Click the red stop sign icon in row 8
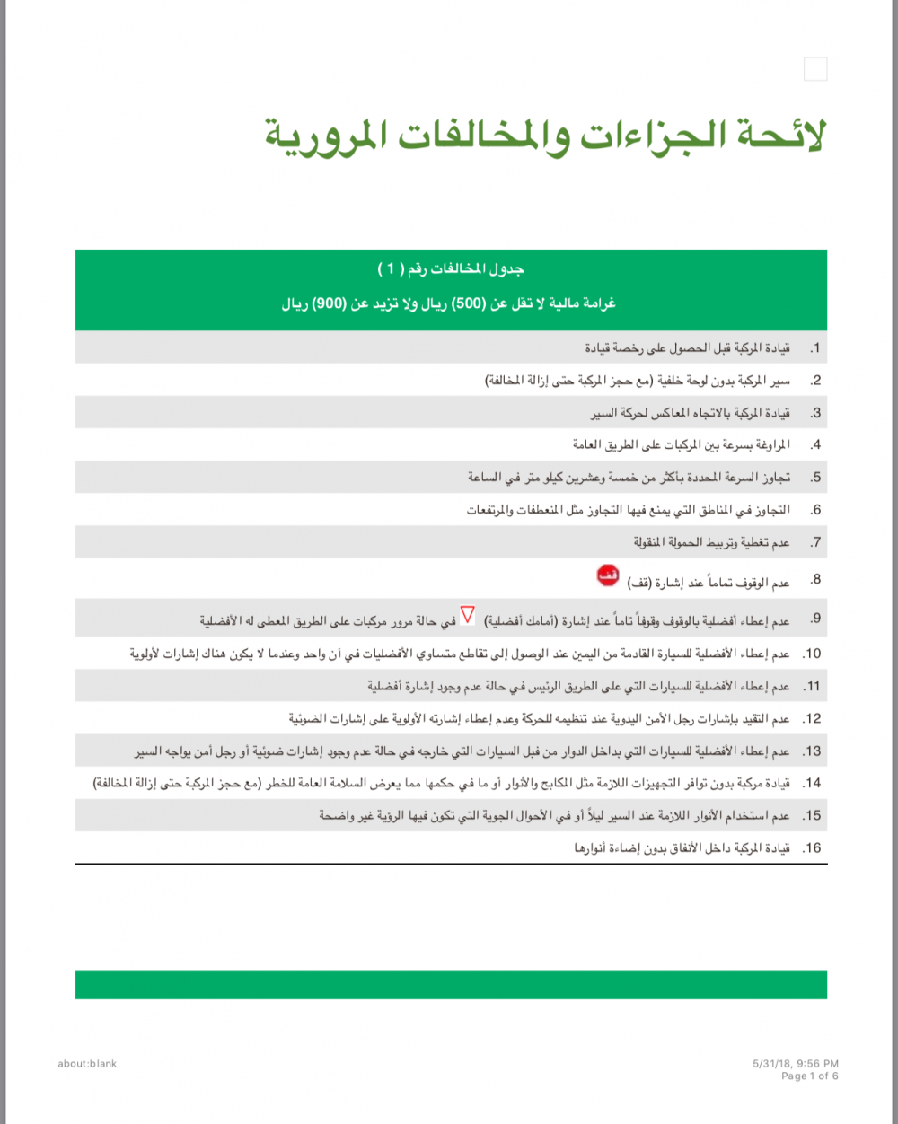pyautogui.click(x=608, y=576)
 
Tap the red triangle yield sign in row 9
pyautogui.click(x=467, y=617)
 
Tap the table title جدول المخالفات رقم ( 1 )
pyautogui.click(x=451, y=268)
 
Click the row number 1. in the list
pyautogui.click(x=814, y=347)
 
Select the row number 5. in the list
pyautogui.click(x=814, y=478)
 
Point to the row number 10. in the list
pyautogui.click(x=812, y=654)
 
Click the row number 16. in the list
pyautogui.click(x=812, y=847)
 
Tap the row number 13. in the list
pyautogui.click(x=812, y=751)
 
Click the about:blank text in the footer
pyautogui.click(x=87, y=1064)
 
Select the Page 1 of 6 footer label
pyautogui.click(x=809, y=1076)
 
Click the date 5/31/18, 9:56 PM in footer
pyautogui.click(x=796, y=1064)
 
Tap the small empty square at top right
pyautogui.click(x=815, y=69)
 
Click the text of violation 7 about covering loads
pyautogui.click(x=711, y=542)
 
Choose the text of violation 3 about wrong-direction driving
pyautogui.click(x=690, y=413)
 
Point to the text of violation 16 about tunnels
pyautogui.click(x=682, y=847)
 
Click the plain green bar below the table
pyautogui.click(x=451, y=985)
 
